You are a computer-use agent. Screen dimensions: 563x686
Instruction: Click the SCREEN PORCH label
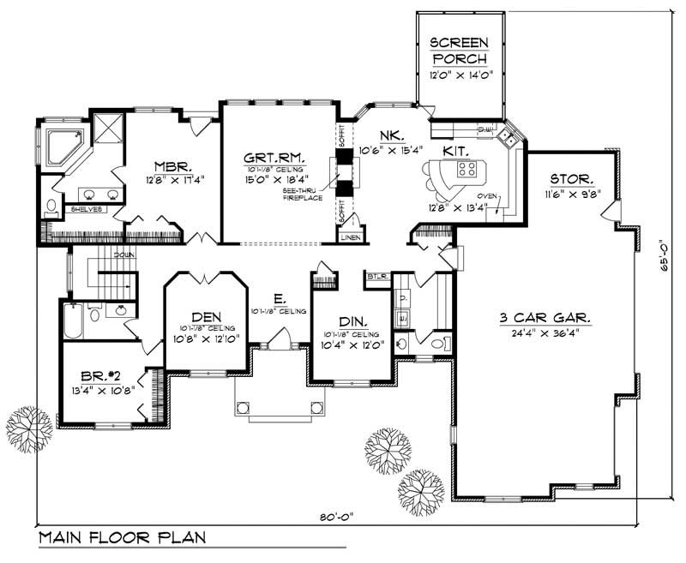[459, 51]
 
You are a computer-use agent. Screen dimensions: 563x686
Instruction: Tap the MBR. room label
[171, 166]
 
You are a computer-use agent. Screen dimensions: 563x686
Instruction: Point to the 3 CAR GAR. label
[545, 319]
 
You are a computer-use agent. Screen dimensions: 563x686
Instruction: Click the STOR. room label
[569, 179]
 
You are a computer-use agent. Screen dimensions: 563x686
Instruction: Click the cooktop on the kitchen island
[467, 169]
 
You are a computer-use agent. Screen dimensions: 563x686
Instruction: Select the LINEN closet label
[349, 236]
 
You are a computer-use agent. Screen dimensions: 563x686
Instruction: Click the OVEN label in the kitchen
[487, 196]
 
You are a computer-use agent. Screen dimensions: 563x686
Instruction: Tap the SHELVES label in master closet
[87, 208]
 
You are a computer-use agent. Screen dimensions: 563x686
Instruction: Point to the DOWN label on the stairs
[122, 255]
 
